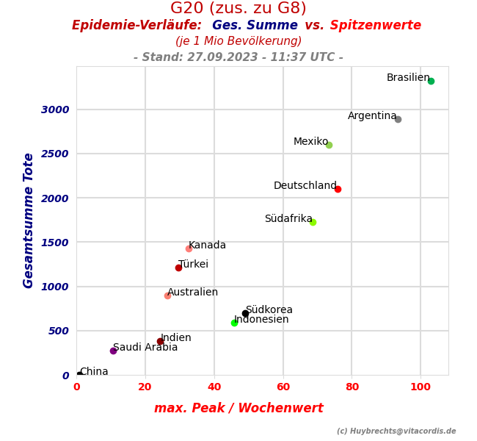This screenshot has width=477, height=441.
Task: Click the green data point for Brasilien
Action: (431, 81)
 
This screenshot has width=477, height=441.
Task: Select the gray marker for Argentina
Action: (398, 119)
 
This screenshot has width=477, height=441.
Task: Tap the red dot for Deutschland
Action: (338, 189)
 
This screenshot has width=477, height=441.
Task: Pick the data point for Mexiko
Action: (329, 145)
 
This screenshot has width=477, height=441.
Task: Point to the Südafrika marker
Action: (313, 222)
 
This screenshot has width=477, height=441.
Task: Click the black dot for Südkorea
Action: (245, 313)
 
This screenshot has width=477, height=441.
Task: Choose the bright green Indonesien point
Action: (234, 323)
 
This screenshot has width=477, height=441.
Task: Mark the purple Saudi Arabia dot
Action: (113, 351)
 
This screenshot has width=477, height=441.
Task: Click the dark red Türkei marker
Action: (178, 268)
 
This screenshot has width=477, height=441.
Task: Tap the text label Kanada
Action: (207, 245)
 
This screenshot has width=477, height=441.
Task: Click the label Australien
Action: (192, 293)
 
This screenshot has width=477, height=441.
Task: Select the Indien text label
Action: (175, 338)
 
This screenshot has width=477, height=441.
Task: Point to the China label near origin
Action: (94, 372)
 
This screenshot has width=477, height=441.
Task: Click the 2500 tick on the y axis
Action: (55, 154)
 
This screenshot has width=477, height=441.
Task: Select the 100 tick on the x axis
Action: (420, 387)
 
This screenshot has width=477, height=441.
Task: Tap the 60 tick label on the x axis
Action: (283, 387)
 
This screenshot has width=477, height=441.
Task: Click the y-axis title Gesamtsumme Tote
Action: (29, 220)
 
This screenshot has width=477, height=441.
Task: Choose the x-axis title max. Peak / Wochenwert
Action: (238, 408)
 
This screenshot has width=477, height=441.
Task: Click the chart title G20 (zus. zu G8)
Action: (238, 9)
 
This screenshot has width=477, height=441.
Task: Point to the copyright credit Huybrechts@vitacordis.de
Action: (396, 431)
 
